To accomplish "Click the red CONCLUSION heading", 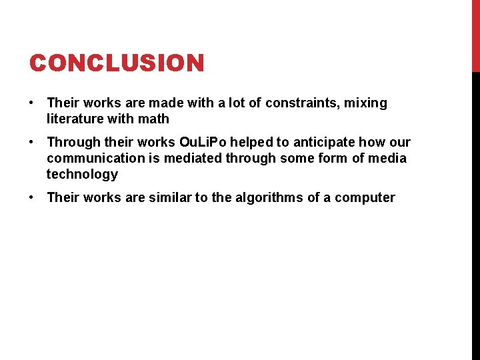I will [117, 63].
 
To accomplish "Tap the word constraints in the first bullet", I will [303, 103].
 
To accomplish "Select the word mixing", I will [365, 103].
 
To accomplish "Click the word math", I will [155, 119].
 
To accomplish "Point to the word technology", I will [82, 175].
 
